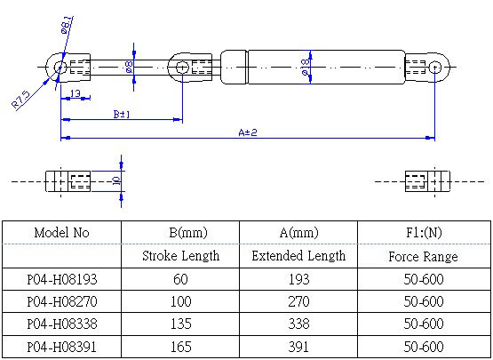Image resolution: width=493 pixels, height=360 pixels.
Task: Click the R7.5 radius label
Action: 20,100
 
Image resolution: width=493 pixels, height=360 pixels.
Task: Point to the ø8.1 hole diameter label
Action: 66,25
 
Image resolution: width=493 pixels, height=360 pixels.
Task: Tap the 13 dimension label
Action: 76,93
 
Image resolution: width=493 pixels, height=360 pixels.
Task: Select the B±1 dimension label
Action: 122,114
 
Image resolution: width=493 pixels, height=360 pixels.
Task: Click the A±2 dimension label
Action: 248,132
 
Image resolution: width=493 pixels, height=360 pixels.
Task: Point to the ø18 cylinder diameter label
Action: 306,67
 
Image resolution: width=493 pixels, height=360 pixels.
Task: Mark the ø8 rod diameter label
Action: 129,67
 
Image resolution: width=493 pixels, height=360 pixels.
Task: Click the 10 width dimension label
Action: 116,181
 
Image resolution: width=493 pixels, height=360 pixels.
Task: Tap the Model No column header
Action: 61,233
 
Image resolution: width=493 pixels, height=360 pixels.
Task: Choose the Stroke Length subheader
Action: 181,255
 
